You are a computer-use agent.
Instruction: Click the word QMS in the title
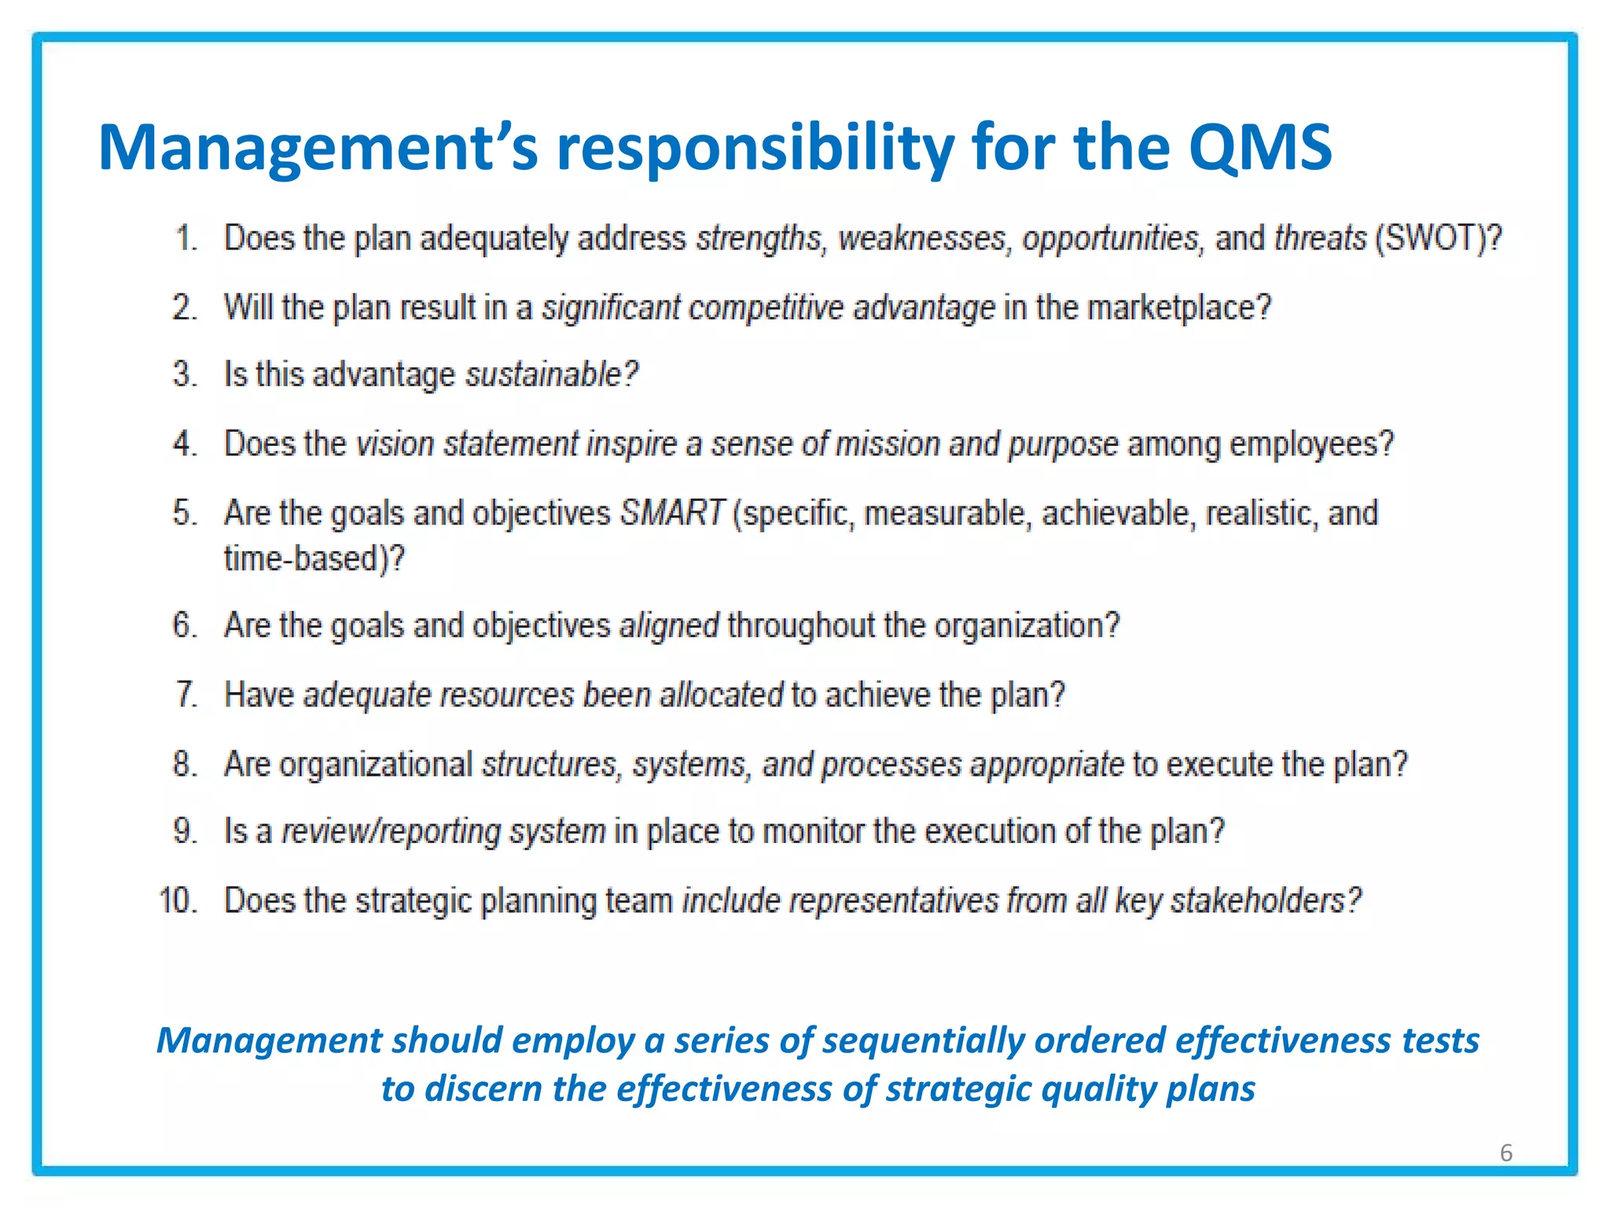(x=1259, y=148)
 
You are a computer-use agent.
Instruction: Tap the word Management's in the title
(x=318, y=148)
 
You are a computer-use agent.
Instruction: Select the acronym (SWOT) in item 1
(x=1438, y=238)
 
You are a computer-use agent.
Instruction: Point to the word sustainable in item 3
(x=550, y=374)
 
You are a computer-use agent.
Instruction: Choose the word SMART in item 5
(x=672, y=513)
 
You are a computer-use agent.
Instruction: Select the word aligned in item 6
(x=669, y=626)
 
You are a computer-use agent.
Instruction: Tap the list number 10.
(x=177, y=900)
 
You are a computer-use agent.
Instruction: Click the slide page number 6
(x=1505, y=1153)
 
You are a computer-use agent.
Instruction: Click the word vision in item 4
(x=395, y=444)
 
